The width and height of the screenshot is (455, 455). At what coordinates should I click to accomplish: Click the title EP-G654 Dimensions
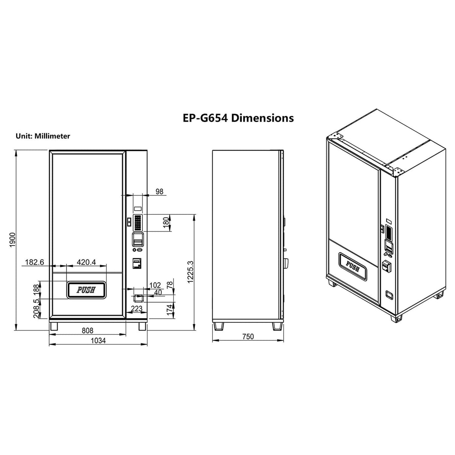[x=238, y=118]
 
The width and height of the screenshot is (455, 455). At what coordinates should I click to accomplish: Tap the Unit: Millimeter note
[x=43, y=136]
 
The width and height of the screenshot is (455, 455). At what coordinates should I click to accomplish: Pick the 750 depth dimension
[x=248, y=337]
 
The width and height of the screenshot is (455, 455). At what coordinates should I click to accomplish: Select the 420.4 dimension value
[x=86, y=262]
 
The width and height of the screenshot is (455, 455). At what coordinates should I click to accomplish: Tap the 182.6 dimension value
[x=34, y=262]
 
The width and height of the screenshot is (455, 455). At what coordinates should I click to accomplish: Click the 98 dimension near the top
[x=159, y=192]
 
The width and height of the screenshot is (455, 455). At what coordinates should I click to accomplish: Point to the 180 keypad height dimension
[x=166, y=223]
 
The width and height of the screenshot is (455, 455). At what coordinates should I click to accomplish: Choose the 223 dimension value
[x=136, y=308]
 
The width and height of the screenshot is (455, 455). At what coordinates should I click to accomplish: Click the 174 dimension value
[x=169, y=310]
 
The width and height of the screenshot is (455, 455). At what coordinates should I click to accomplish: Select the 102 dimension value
[x=155, y=285]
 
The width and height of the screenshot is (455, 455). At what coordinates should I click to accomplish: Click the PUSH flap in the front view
[x=87, y=290]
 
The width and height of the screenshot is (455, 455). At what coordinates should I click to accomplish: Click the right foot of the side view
[x=277, y=326]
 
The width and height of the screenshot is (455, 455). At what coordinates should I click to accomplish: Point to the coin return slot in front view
[x=137, y=298]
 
